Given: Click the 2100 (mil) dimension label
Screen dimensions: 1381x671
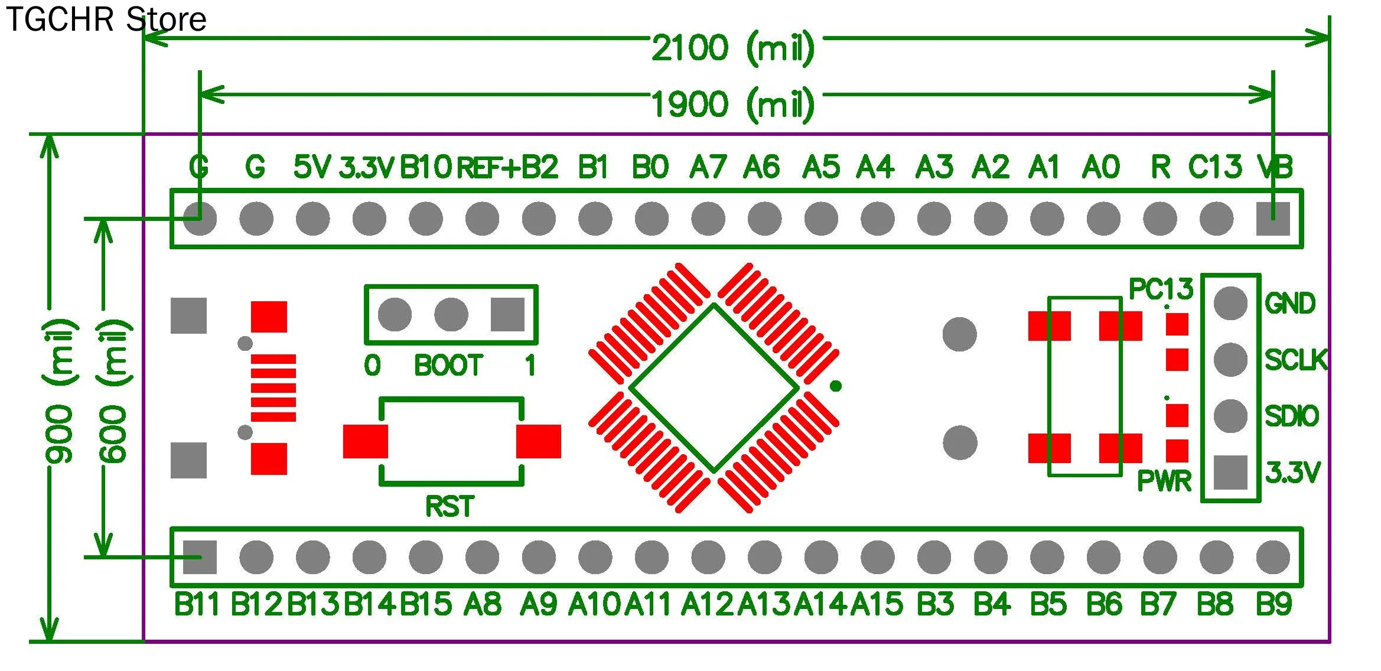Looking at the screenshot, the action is (x=732, y=48).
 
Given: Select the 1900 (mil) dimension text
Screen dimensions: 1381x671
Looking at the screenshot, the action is (x=732, y=105).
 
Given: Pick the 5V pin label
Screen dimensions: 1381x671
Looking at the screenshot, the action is (x=312, y=167).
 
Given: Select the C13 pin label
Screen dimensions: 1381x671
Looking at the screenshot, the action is (x=1214, y=167).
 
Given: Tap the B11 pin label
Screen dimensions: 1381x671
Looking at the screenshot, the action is (x=197, y=604).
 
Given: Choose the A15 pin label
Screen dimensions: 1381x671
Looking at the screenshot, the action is (x=877, y=604).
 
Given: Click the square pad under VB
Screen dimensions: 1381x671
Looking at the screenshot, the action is (x=1272, y=219).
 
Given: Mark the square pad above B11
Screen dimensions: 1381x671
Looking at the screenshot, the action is (x=200, y=557).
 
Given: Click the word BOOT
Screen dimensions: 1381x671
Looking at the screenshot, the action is (x=448, y=366).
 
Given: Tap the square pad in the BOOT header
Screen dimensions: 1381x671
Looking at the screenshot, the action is (x=507, y=314).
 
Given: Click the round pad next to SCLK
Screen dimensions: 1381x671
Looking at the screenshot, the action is (x=1230, y=359).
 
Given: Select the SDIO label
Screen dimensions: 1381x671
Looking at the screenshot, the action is (x=1292, y=416).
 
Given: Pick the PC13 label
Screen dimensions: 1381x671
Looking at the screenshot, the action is (x=1161, y=289).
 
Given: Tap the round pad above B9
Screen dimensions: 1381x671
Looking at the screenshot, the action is (x=1272, y=557).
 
